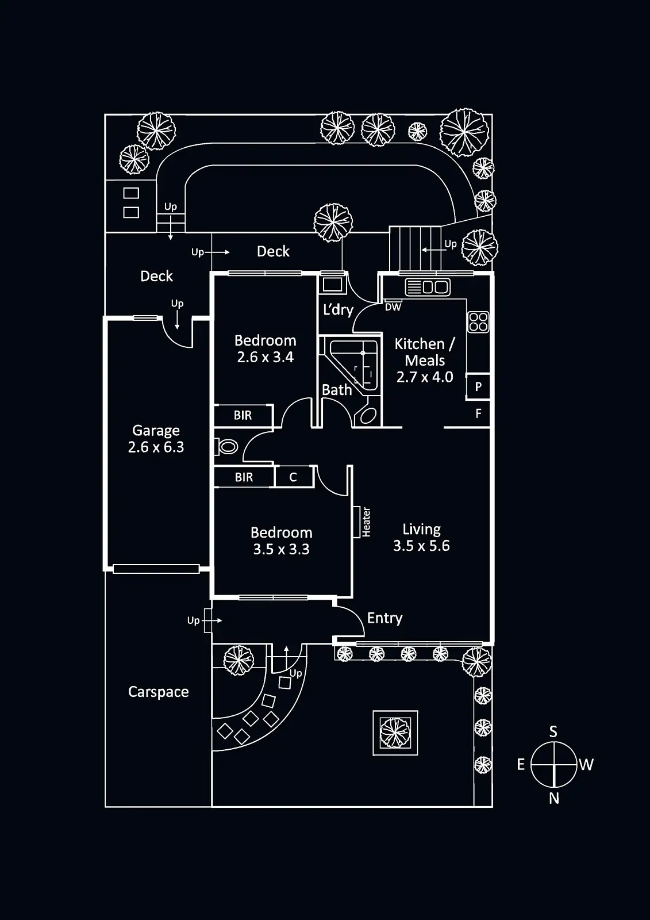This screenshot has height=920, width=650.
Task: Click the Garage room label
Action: click(156, 430)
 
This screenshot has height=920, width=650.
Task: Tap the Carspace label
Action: click(158, 692)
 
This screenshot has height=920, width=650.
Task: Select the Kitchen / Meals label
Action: click(425, 352)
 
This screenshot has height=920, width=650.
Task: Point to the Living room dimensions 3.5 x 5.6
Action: click(421, 546)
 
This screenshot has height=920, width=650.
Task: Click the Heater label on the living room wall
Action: click(366, 522)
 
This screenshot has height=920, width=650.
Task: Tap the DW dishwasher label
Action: click(393, 307)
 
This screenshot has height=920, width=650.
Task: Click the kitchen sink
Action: click(427, 286)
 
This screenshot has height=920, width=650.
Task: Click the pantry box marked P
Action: click(478, 387)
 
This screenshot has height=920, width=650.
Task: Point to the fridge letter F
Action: click(479, 413)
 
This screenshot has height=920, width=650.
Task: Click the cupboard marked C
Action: click(293, 477)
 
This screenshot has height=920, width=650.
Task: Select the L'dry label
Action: click(338, 310)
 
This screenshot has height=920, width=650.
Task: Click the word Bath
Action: click(337, 390)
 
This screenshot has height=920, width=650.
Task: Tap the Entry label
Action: click(384, 618)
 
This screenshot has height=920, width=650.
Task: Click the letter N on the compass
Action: click(554, 798)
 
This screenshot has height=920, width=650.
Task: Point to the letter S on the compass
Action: click(553, 731)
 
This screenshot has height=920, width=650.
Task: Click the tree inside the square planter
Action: click(395, 733)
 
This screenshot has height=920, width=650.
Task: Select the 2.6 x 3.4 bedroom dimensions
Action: click(265, 357)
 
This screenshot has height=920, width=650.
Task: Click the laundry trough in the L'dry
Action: click(332, 284)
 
